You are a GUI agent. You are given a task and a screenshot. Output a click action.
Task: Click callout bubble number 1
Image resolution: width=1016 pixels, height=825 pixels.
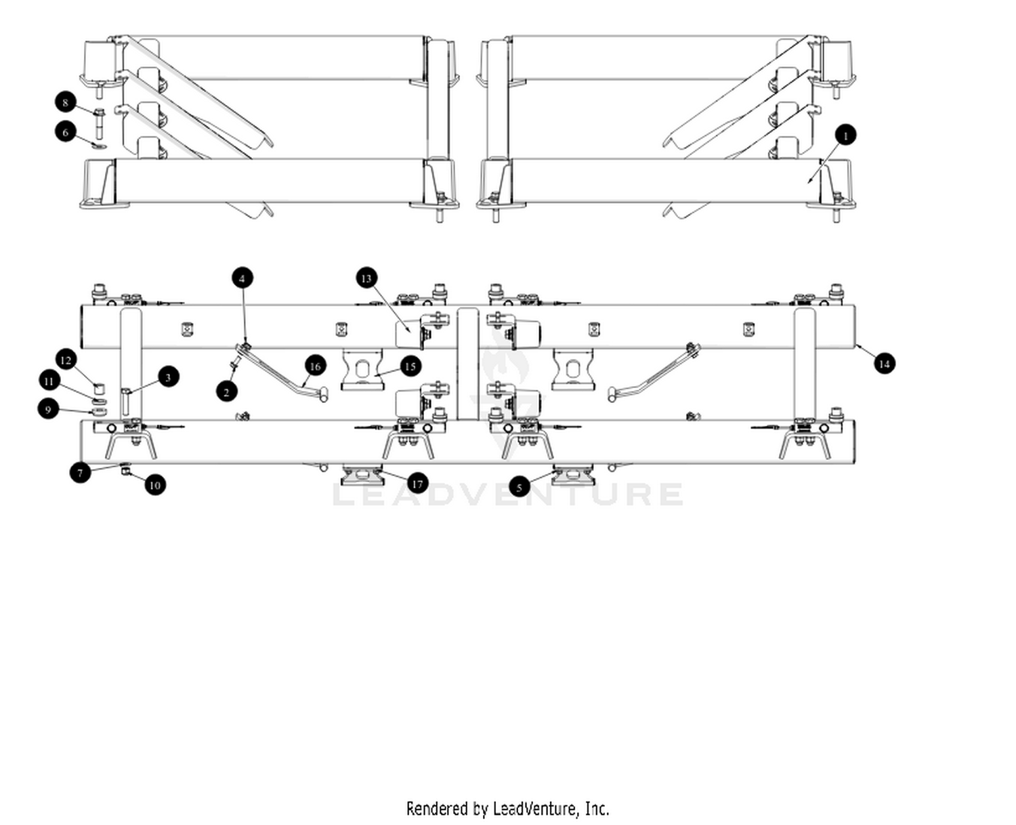tap(845, 135)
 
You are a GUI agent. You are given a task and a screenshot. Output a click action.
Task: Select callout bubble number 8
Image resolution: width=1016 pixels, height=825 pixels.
tap(66, 102)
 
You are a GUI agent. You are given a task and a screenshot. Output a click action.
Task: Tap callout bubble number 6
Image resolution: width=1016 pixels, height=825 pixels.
tap(66, 131)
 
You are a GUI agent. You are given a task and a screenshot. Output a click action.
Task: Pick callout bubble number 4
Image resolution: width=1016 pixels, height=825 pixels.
tap(242, 278)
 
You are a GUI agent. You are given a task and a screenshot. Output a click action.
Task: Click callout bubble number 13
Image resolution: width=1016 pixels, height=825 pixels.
tap(366, 278)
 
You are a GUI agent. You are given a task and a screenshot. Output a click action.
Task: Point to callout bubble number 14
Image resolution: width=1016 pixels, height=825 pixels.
tap(884, 364)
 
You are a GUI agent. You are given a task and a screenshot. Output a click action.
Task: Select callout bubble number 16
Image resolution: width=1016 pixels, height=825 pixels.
tap(315, 366)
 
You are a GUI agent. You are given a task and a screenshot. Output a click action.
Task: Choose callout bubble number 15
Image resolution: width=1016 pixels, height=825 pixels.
tap(410, 366)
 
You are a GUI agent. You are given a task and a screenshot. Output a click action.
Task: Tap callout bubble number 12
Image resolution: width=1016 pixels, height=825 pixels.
tap(66, 360)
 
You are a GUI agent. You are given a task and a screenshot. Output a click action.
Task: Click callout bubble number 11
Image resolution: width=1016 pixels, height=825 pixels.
tap(49, 381)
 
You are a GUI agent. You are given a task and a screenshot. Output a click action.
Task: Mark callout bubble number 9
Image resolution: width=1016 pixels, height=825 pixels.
tap(48, 409)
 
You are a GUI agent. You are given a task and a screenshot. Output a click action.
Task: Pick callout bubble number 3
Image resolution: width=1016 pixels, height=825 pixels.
tap(168, 377)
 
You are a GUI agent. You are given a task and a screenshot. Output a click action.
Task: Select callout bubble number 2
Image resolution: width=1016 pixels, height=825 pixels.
tap(227, 392)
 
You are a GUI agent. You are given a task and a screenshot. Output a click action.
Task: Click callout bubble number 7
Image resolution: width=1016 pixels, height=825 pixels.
tap(80, 472)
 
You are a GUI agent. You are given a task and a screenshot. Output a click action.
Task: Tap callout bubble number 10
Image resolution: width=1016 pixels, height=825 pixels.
tap(154, 484)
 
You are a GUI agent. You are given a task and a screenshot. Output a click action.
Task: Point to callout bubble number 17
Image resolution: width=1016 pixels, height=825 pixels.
tap(417, 484)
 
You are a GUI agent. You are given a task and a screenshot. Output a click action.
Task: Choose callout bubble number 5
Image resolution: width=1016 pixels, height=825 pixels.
tap(520, 487)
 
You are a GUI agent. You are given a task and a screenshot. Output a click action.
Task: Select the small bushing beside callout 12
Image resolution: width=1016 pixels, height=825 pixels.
tap(99, 389)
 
